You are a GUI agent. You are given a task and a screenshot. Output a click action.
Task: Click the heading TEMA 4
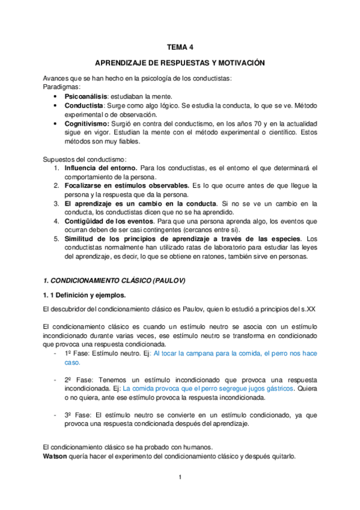pos(180,45)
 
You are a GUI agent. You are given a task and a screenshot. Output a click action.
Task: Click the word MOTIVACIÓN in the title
pos(240,63)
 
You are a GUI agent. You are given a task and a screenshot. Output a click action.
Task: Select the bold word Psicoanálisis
pos(86,96)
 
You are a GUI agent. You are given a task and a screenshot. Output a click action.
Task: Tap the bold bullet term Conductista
pos(84,105)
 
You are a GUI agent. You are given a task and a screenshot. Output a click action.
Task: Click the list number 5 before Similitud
pos(56,239)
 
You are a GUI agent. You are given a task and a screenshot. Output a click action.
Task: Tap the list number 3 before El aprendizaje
pos(56,203)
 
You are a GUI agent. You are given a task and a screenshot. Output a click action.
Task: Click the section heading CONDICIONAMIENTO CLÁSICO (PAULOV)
pos(114,280)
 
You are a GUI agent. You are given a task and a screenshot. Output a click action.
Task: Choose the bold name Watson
pos(56,456)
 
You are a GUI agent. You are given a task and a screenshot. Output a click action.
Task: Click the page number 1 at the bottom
pos(180,478)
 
